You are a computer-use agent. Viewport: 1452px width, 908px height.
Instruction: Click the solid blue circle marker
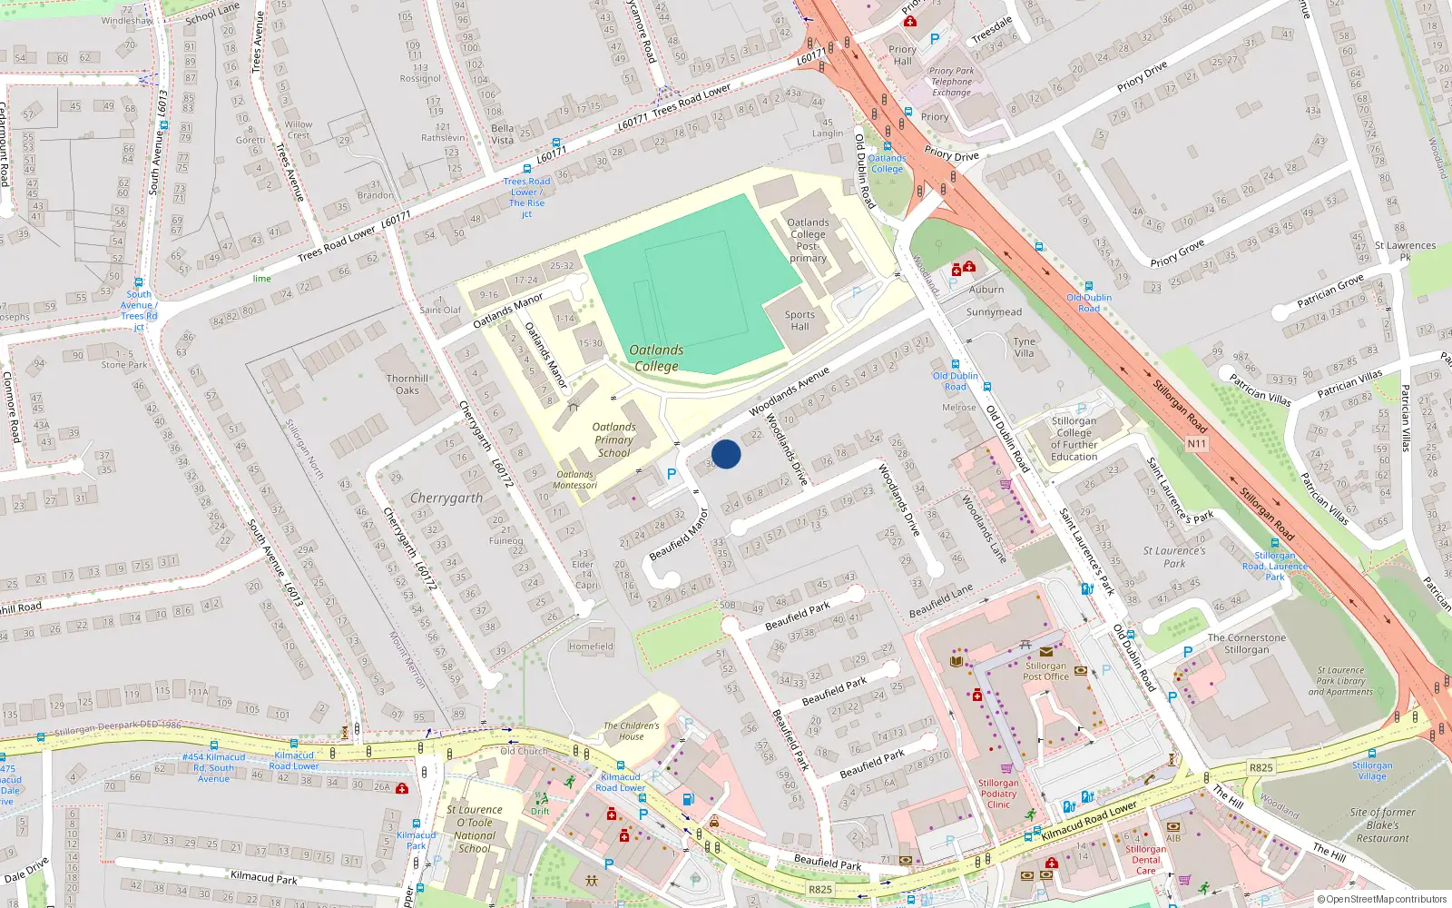(x=726, y=454)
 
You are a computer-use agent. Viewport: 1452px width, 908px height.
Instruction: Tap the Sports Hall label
(x=800, y=321)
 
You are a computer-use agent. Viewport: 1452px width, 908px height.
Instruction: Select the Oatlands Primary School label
(x=613, y=439)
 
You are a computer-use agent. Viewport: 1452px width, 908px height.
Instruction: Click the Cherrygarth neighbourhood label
(x=446, y=498)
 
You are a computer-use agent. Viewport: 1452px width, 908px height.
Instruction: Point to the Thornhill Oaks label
(x=407, y=384)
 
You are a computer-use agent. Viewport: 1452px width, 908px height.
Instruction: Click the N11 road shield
(x=1197, y=444)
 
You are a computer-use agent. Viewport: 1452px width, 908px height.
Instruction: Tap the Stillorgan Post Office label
(x=1046, y=671)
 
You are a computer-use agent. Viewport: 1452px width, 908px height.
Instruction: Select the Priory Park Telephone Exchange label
(x=951, y=82)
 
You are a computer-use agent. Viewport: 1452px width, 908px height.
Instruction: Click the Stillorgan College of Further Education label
(x=1074, y=439)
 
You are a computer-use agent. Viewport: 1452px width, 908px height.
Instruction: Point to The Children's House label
(x=632, y=731)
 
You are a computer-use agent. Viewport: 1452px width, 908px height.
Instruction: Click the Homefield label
(x=591, y=646)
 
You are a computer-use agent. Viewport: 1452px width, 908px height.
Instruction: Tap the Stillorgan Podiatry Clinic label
(x=998, y=794)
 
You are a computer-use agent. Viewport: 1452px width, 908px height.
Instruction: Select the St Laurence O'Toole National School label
(x=475, y=829)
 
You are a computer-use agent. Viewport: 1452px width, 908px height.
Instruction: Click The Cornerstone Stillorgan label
(x=1246, y=644)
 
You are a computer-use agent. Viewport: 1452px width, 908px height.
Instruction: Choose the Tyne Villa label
(x=1025, y=347)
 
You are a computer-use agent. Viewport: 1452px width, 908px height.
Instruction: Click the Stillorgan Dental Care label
(x=1146, y=860)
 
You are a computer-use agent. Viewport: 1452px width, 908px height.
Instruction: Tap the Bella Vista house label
(x=502, y=134)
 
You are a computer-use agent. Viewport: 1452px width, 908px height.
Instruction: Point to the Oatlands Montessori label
(x=575, y=479)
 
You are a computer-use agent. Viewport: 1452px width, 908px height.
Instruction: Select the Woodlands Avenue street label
(x=790, y=392)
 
